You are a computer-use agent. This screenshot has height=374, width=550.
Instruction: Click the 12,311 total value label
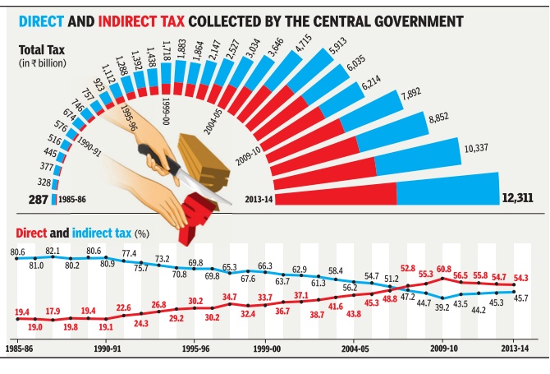point(522,198)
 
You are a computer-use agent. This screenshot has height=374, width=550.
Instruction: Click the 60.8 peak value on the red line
point(443,268)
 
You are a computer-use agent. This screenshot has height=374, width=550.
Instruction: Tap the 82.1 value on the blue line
point(53,250)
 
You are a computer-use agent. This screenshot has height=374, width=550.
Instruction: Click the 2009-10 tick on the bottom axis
point(443,349)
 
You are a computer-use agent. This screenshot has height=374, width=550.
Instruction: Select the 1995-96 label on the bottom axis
point(195,349)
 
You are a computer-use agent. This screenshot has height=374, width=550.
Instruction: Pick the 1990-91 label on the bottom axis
point(107,349)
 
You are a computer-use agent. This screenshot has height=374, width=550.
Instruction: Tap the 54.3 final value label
point(522,277)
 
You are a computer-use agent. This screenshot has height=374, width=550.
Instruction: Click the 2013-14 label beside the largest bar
point(259,198)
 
